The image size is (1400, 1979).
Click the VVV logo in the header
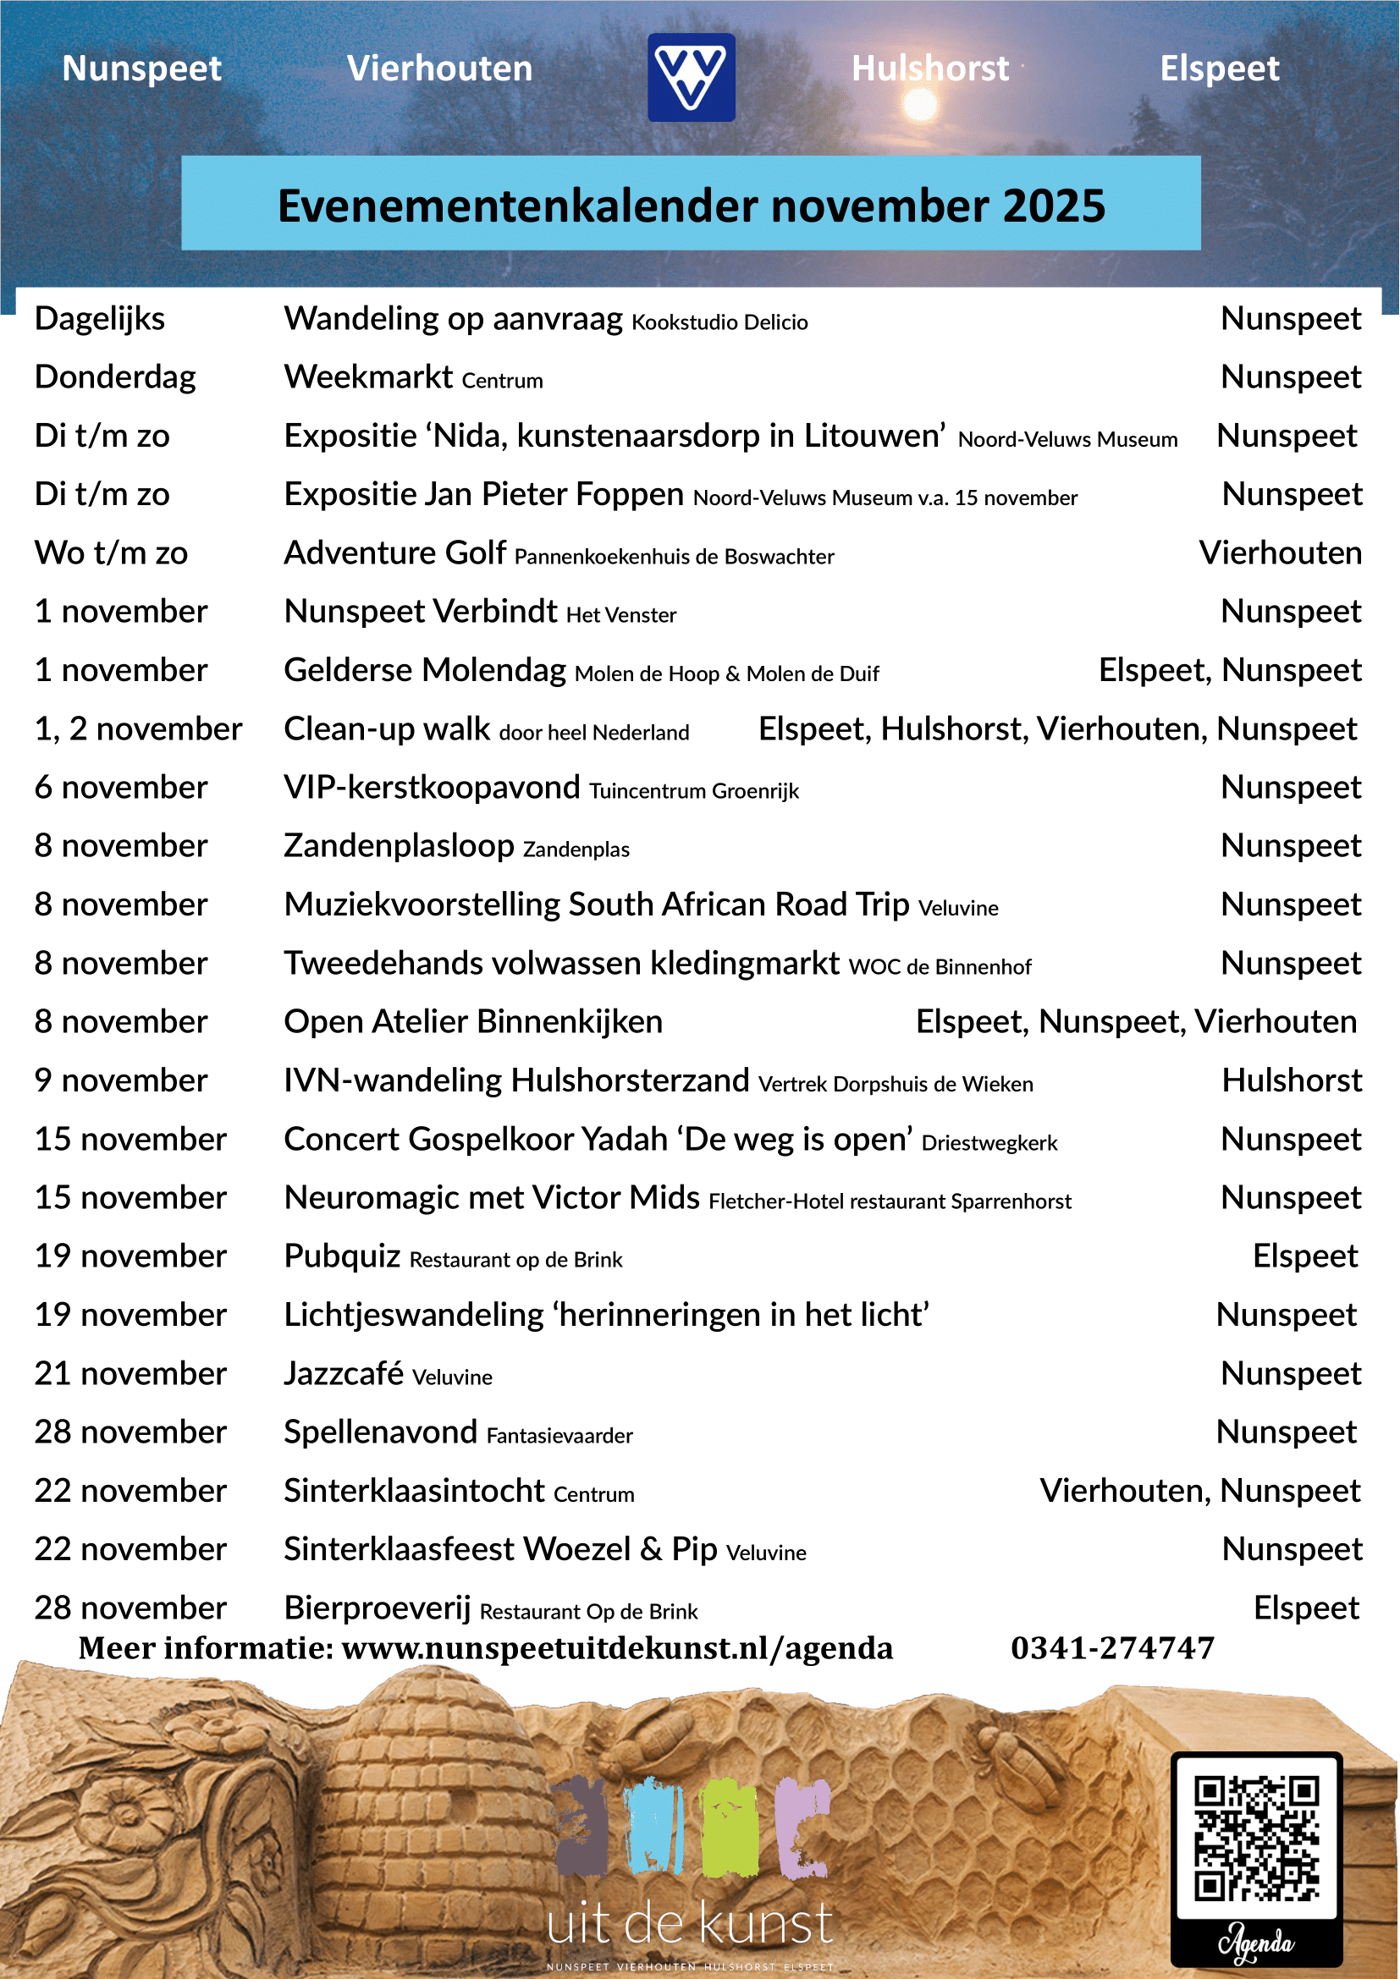coord(692,78)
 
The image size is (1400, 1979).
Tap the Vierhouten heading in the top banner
coord(439,69)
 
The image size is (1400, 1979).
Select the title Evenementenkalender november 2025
coord(692,206)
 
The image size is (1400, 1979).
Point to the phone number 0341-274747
coord(1112,1648)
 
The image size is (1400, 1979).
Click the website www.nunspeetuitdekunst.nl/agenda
coord(617,1648)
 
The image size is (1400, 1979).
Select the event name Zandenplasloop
coord(400,846)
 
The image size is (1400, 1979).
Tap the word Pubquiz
coord(342,1256)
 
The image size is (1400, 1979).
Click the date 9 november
coord(121,1080)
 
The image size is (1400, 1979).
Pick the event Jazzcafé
coord(344,1374)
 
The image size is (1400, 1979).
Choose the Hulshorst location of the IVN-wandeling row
coord(1292,1080)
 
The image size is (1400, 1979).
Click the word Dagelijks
coord(100,319)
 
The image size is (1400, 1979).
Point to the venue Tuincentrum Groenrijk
coord(694,791)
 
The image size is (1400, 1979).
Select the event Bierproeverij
coord(378,1608)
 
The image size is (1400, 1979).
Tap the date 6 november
coord(121,788)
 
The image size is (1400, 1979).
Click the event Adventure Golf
coord(394,553)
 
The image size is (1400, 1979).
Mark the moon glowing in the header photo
coord(920,106)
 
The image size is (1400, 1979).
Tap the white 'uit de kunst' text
coord(690,1924)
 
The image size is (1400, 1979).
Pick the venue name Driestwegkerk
coord(989,1143)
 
